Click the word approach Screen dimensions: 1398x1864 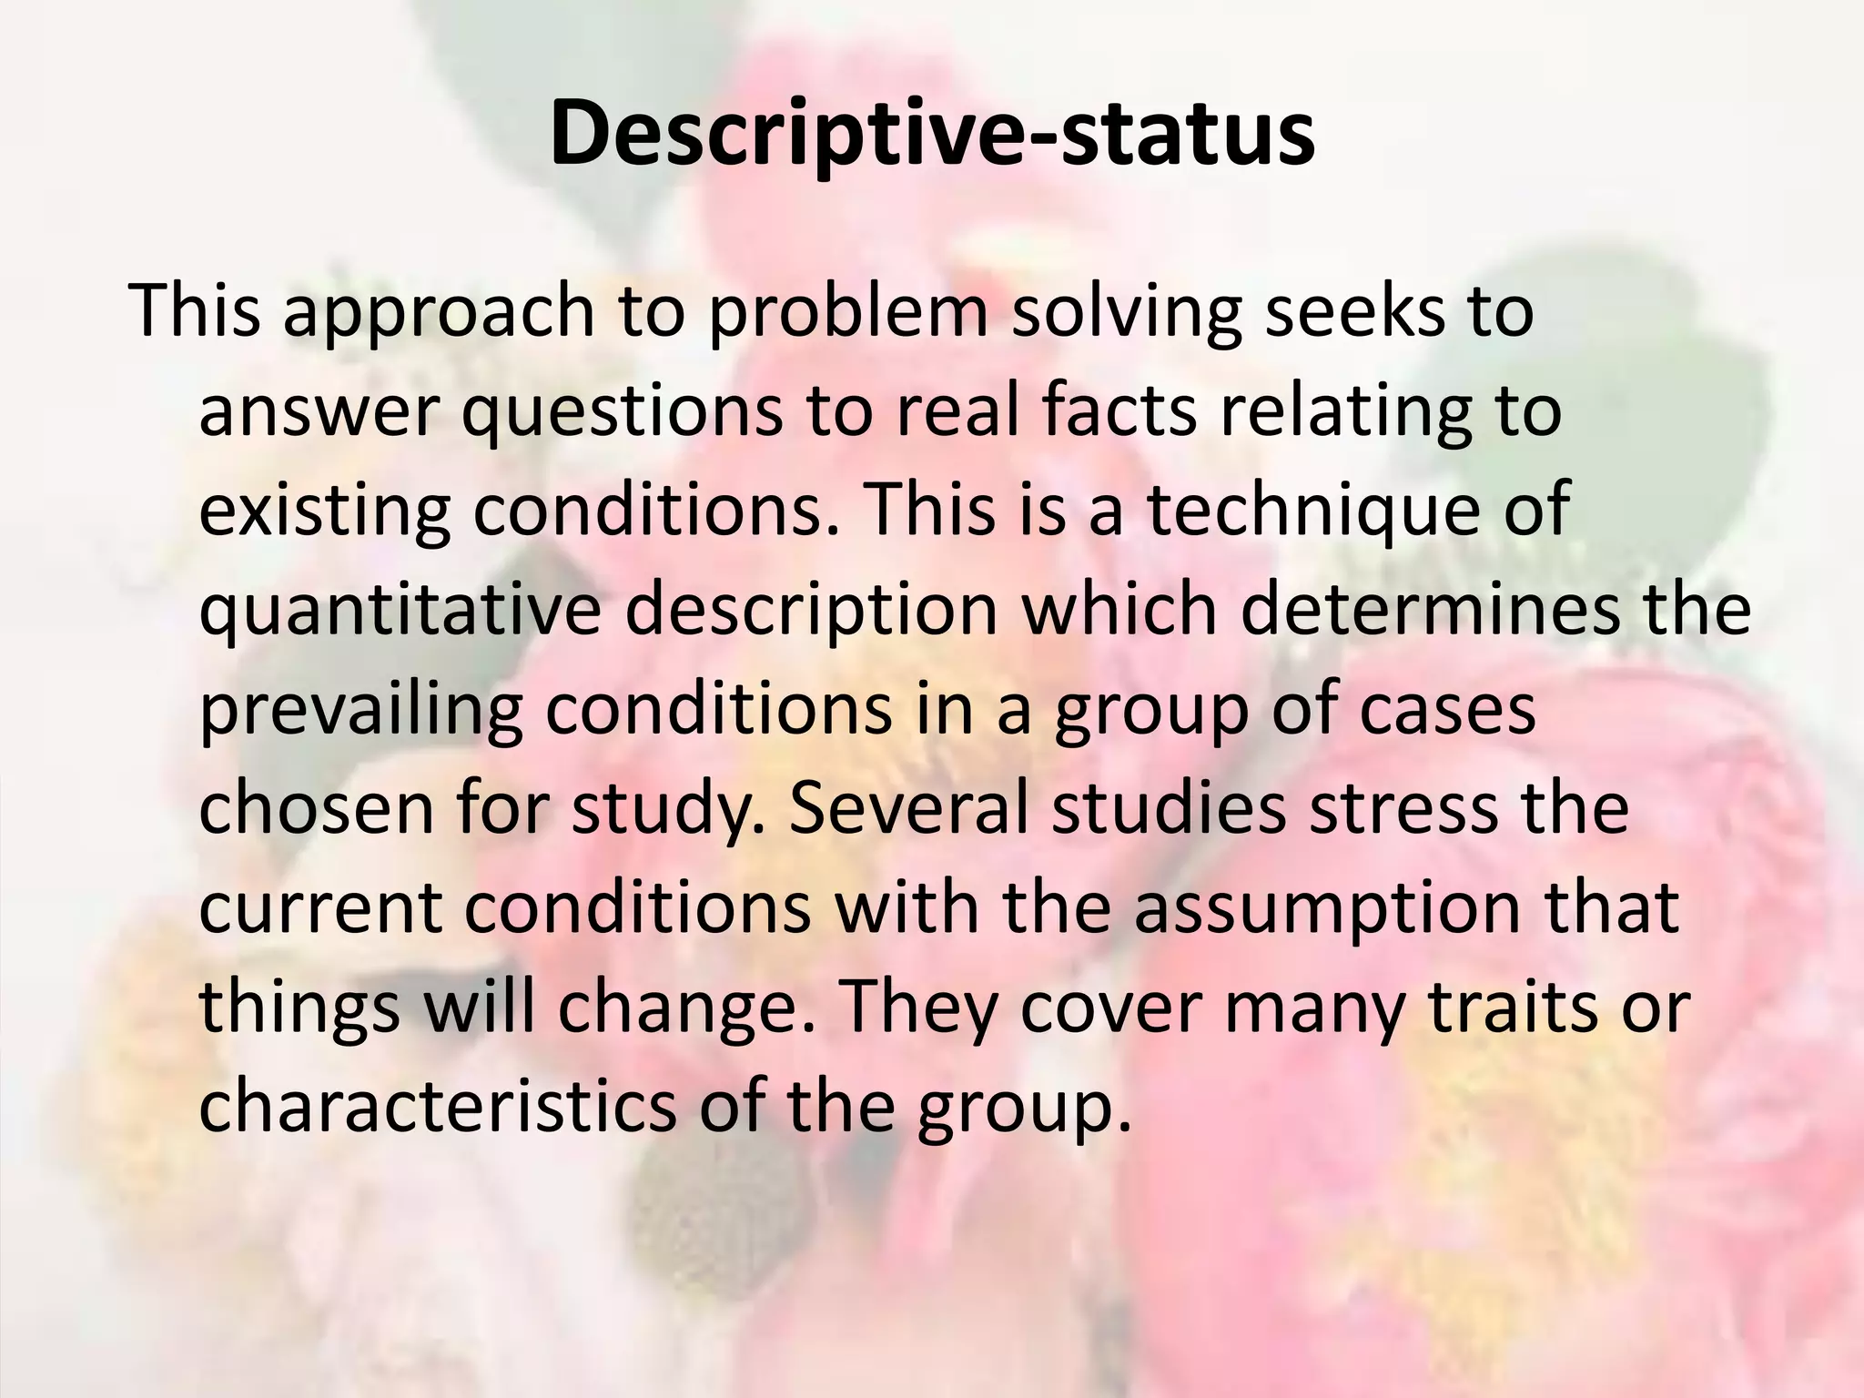pos(439,312)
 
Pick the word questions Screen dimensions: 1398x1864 pos(623,411)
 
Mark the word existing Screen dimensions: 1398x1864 pos(324,511)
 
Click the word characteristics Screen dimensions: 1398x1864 pos(438,1106)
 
